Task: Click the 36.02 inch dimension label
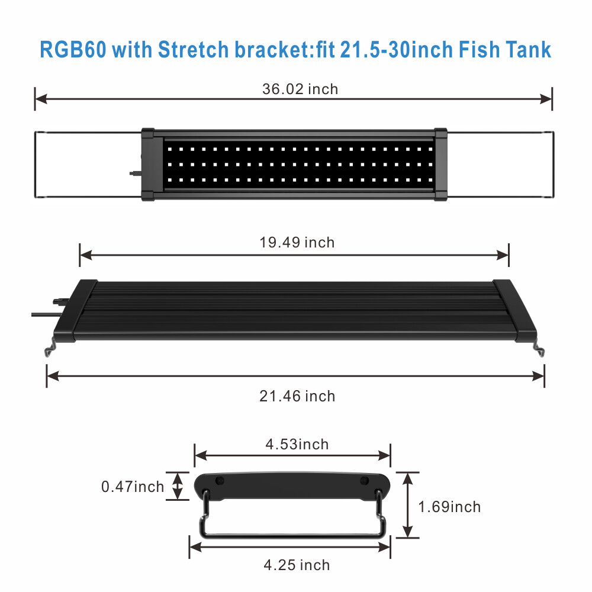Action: click(x=300, y=89)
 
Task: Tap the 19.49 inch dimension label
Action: click(x=297, y=242)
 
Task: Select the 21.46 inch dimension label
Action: click(x=297, y=396)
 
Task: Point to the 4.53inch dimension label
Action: click(x=297, y=445)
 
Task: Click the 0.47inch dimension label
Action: click(x=133, y=487)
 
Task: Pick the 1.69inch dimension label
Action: click(x=449, y=507)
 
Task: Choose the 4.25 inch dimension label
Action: click(x=297, y=565)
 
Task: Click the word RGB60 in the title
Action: click(x=73, y=50)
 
